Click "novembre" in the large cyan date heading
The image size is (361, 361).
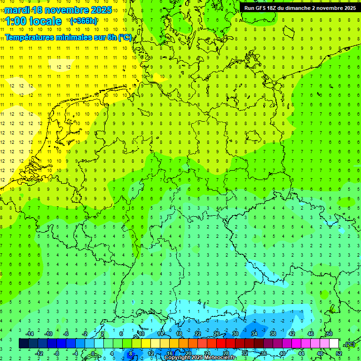(x=68, y=10)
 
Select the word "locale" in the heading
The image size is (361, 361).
(x=45, y=22)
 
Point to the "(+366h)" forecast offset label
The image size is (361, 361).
(x=83, y=21)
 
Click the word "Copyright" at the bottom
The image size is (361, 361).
(x=177, y=358)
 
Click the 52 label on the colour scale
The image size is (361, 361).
(x=338, y=353)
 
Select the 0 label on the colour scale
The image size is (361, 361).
(x=93, y=353)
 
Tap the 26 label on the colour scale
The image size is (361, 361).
(x=217, y=334)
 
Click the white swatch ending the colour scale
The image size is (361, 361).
(x=334, y=344)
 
